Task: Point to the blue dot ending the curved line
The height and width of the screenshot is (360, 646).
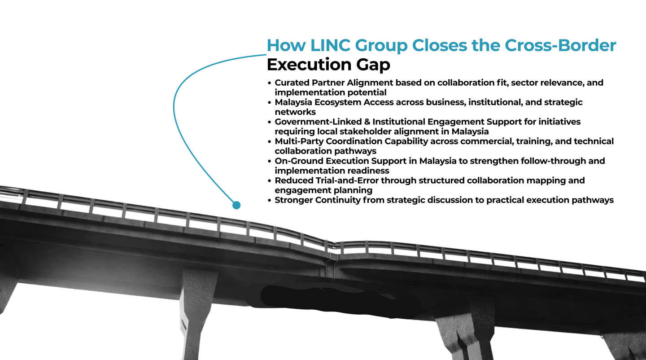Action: coord(236,205)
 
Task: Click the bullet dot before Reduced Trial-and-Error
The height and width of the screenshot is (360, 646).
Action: coord(269,180)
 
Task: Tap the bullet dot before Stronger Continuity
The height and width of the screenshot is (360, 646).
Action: coord(269,200)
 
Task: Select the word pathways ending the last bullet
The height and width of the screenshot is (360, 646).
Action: coord(593,200)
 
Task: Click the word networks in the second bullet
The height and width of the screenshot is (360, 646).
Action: coord(295,112)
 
